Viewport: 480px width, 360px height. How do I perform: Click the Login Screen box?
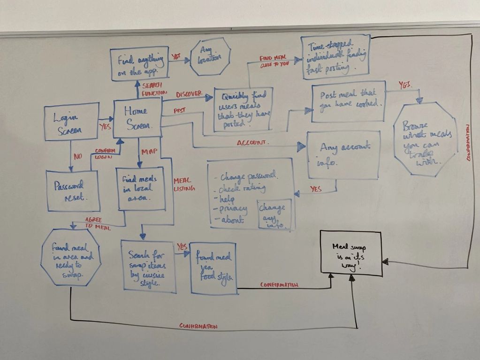(71, 122)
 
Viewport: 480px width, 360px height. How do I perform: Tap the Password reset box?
(73, 191)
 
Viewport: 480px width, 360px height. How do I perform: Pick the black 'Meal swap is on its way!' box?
(351, 253)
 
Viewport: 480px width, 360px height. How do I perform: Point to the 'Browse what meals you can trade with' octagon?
(425, 140)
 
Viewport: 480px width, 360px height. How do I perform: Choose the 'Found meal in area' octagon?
(70, 257)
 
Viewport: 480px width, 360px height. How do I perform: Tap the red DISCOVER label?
(189, 94)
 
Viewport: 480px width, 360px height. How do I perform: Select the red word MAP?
(149, 152)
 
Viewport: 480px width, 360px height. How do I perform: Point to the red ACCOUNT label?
(253, 142)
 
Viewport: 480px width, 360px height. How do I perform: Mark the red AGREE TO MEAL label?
(97, 224)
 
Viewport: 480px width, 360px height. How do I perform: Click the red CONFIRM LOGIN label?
(105, 154)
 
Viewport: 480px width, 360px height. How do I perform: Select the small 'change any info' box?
(274, 214)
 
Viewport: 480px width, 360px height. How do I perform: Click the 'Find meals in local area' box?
(141, 188)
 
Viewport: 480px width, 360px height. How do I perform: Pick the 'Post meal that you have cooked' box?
(348, 101)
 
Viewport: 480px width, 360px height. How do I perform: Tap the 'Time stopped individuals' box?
(335, 56)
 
